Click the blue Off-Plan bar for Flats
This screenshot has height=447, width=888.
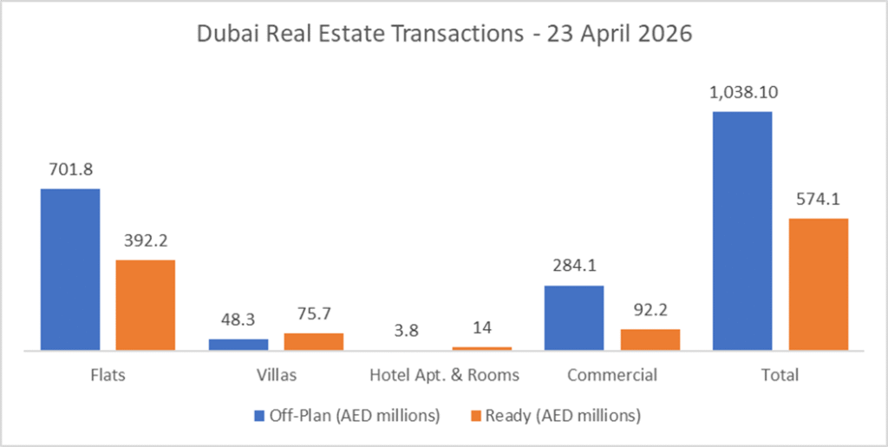coord(70,269)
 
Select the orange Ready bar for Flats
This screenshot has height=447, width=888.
coord(146,305)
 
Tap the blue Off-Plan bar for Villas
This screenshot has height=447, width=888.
coord(238,345)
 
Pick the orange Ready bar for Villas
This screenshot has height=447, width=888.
coord(314,341)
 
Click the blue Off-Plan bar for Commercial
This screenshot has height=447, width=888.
coord(574,318)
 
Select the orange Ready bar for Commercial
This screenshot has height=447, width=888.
coord(650,339)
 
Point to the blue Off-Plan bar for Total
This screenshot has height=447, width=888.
coord(742,231)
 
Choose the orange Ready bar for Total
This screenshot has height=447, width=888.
coord(818,284)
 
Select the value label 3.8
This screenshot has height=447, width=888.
coord(406,330)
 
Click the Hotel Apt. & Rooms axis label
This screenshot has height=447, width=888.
coord(444,376)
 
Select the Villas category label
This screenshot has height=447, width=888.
coord(276,376)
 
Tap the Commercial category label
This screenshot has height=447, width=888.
coord(611,376)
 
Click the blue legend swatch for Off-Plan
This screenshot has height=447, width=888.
coord(259,416)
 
